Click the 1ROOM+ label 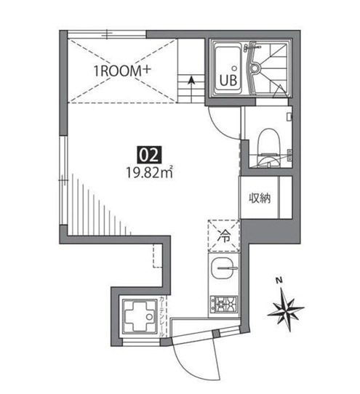point(121,71)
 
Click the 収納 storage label point(260,197)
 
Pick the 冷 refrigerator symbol point(224,235)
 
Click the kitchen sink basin point(224,271)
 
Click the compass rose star point(286,309)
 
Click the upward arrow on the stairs point(191,82)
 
